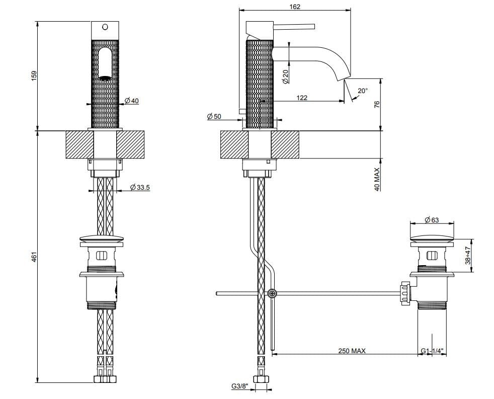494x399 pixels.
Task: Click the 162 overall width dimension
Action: pos(295,7)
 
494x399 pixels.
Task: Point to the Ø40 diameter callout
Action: pos(131,101)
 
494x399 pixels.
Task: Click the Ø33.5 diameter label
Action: pos(140,188)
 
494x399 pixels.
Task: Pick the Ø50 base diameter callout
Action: pos(214,116)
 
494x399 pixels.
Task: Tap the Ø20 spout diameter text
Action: pos(285,76)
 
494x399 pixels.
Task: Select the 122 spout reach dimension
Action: pos(301,98)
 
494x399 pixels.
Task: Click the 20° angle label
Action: pos(363,91)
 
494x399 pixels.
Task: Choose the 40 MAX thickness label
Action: pos(377,179)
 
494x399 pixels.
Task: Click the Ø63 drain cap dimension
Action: pos(432,220)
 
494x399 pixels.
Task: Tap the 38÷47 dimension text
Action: pos(467,255)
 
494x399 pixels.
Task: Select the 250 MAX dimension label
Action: pos(352,351)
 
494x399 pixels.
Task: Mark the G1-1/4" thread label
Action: pos(433,351)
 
